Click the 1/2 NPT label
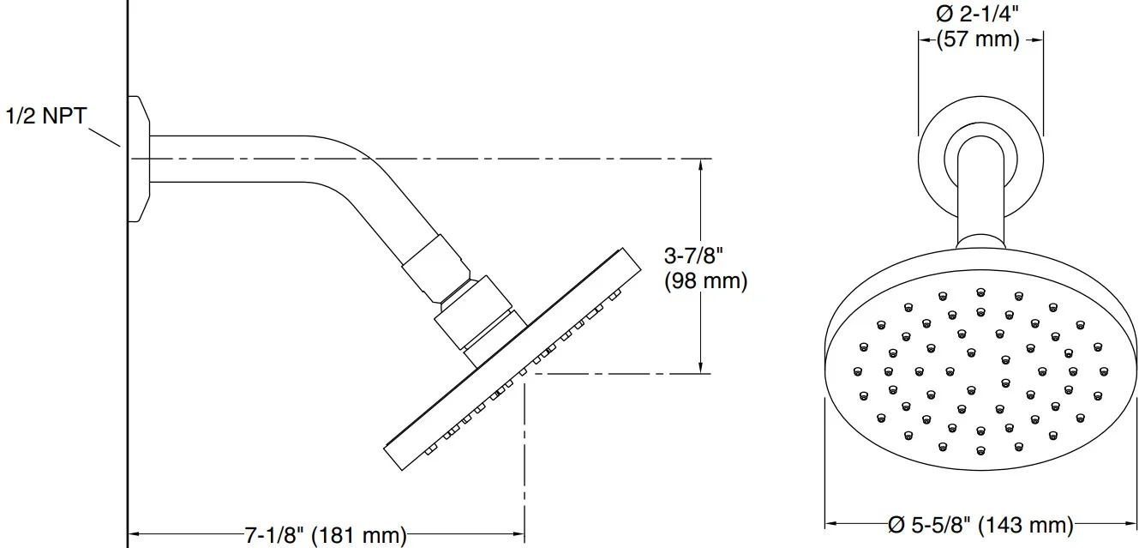click(x=46, y=116)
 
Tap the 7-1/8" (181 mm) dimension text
click(x=326, y=534)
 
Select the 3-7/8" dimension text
click(x=693, y=256)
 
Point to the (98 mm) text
click(x=706, y=280)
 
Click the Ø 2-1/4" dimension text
click(x=977, y=14)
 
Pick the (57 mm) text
click(x=978, y=39)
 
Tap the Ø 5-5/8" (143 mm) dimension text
click(x=980, y=525)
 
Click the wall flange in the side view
click(x=139, y=159)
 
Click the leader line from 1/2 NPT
click(x=105, y=137)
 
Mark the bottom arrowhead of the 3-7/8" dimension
click(x=701, y=366)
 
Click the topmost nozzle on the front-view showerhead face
click(x=980, y=292)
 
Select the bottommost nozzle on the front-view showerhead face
click(x=980, y=451)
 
